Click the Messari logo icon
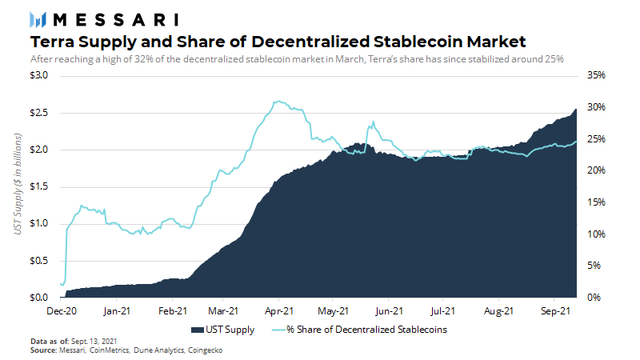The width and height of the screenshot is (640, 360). point(38,19)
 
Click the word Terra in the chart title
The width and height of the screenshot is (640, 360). point(52,42)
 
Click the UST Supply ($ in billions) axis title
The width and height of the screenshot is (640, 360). point(18,186)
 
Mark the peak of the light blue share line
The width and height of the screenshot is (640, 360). point(277,102)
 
